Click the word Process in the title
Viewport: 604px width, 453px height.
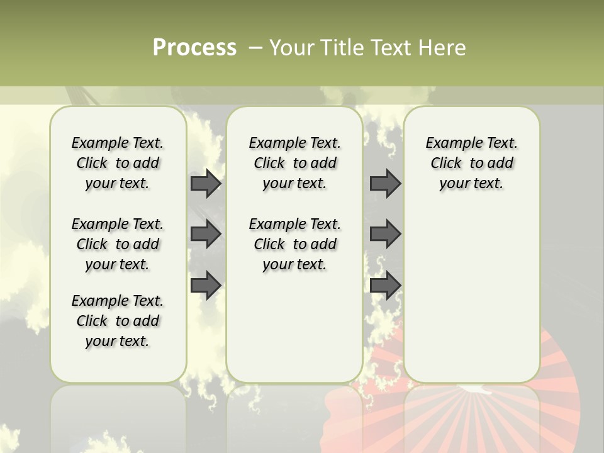pyautogui.click(x=194, y=48)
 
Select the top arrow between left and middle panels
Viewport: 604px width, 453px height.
pyautogui.click(x=206, y=184)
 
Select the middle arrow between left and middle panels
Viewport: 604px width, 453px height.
pyautogui.click(x=206, y=234)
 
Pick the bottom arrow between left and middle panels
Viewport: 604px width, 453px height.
pyautogui.click(x=206, y=285)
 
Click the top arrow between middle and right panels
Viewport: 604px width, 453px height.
pyautogui.click(x=385, y=184)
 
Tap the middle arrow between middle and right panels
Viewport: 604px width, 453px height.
pyautogui.click(x=385, y=234)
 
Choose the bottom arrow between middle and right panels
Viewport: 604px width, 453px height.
pyautogui.click(x=385, y=285)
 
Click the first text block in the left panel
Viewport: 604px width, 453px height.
pyautogui.click(x=118, y=163)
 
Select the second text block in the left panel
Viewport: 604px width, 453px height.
pyautogui.click(x=118, y=244)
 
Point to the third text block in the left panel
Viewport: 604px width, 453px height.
pyautogui.click(x=118, y=321)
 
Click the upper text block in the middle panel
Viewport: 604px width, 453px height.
pyautogui.click(x=294, y=163)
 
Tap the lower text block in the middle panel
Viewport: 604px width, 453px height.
pyautogui.click(x=294, y=244)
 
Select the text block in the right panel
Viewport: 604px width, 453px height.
pyautogui.click(x=471, y=163)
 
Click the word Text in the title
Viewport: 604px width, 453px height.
pyautogui.click(x=391, y=48)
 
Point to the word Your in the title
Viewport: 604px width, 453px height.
pyautogui.click(x=291, y=48)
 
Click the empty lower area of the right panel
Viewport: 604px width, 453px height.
pyautogui.click(x=471, y=296)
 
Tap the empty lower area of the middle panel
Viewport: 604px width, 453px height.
pyautogui.click(x=294, y=327)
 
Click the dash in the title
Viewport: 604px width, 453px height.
pyautogui.click(x=255, y=48)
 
